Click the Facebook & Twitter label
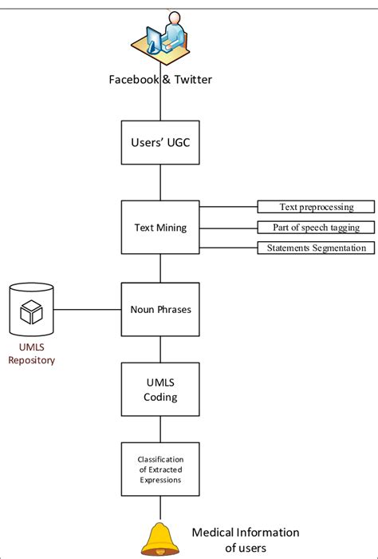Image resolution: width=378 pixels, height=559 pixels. (x=161, y=79)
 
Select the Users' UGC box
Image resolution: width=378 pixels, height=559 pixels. (x=160, y=143)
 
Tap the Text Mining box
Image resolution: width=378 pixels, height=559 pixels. (x=160, y=228)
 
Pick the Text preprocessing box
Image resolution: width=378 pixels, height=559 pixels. (x=316, y=208)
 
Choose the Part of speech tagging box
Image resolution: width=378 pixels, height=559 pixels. (x=316, y=228)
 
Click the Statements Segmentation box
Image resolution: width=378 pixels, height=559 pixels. (x=316, y=248)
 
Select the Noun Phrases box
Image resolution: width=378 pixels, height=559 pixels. (x=160, y=309)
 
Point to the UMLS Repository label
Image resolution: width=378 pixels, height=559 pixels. (x=30, y=353)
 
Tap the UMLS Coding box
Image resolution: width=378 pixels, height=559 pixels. (x=160, y=390)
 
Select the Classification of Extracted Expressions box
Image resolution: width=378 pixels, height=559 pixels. (x=160, y=469)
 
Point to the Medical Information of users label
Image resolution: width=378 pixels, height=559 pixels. (x=245, y=539)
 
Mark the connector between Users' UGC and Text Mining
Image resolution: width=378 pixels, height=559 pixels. (x=160, y=184)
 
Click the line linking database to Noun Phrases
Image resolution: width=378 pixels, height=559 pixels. (x=88, y=309)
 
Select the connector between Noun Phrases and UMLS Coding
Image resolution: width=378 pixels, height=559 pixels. (x=160, y=349)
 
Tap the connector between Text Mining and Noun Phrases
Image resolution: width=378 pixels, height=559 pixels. (x=160, y=268)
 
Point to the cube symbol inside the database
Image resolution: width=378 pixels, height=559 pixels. (x=31, y=312)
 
